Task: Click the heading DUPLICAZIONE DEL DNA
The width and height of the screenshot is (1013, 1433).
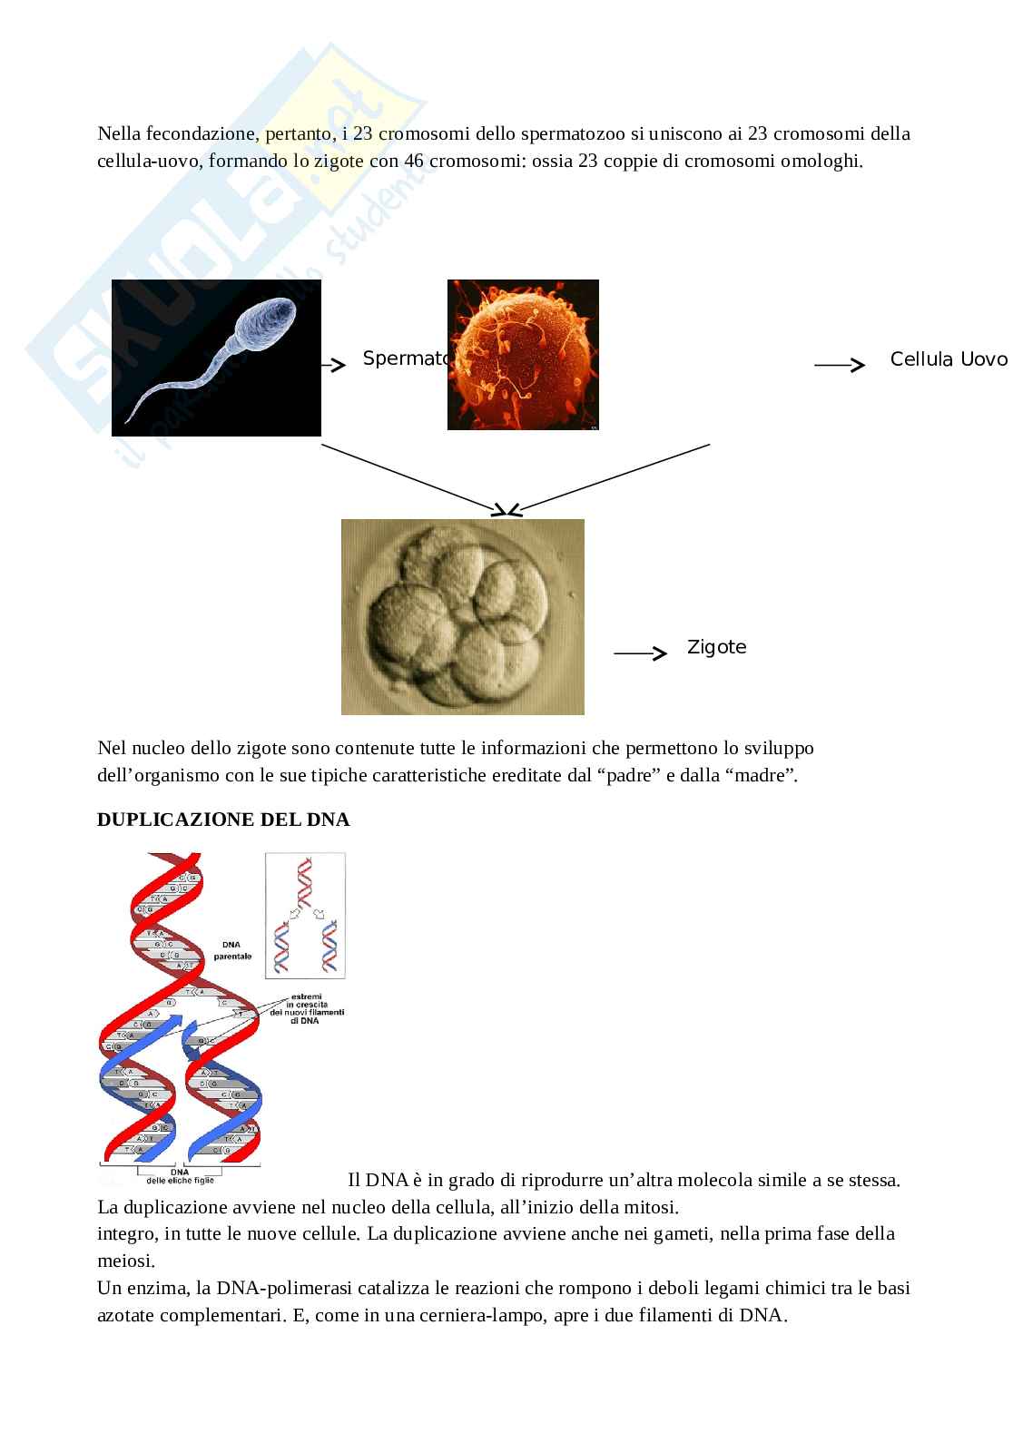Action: click(223, 820)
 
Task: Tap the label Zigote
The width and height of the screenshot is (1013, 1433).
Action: click(716, 647)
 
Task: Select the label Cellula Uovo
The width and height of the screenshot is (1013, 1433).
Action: click(949, 359)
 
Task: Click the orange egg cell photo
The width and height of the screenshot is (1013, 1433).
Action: click(523, 355)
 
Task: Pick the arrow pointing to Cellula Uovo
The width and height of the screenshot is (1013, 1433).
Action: click(840, 365)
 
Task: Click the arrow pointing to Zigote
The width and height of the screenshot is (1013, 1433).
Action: click(640, 653)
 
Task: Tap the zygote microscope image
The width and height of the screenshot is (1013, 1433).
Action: click(462, 616)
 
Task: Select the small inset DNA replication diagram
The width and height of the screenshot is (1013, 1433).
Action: click(305, 915)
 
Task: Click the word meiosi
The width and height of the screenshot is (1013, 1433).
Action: click(125, 1261)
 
